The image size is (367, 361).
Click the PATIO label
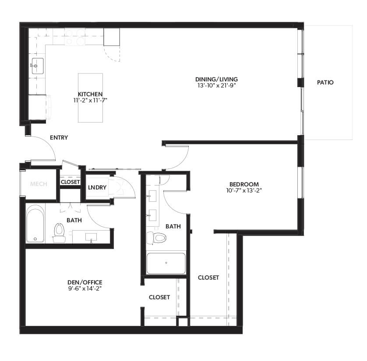click(325, 82)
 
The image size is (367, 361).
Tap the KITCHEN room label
click(90, 94)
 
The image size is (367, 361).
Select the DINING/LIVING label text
click(216, 79)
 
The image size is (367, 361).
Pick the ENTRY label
click(59, 137)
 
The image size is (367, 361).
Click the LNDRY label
click(97, 187)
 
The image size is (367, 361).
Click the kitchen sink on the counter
click(37, 66)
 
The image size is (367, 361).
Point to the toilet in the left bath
click(59, 231)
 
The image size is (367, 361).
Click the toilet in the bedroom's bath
click(158, 238)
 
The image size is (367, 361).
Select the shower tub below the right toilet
click(166, 263)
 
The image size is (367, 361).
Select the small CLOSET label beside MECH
click(70, 182)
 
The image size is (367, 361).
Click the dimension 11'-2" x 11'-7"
click(90, 100)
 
